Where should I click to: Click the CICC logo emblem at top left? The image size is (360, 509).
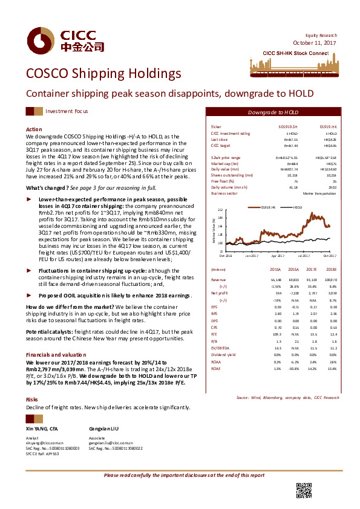(40, 41)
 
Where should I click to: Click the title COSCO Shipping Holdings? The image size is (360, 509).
(103, 74)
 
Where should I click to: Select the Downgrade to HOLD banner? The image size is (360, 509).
(273, 112)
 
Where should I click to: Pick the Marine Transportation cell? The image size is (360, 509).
(320, 193)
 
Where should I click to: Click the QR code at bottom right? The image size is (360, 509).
(303, 490)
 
